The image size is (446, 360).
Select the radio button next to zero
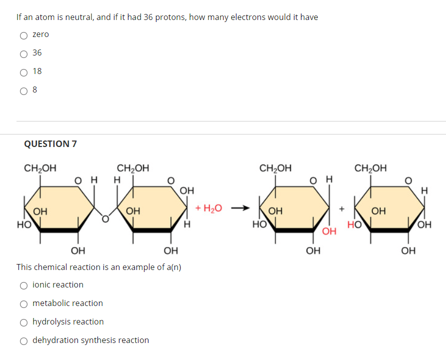coord(23,35)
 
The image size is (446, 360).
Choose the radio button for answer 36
coord(23,54)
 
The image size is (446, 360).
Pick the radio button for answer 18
coord(23,72)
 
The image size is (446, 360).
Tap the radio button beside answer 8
coord(23,91)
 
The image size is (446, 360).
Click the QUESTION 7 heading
coord(50,144)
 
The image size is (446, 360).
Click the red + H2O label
coord(208,208)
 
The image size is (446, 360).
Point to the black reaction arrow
coord(240,208)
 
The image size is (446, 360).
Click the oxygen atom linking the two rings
coord(105,219)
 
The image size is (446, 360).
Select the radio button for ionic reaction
coord(23,285)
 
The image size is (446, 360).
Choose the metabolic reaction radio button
coord(23,304)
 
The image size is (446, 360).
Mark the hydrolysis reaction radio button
coord(23,322)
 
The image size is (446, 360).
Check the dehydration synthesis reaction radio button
coord(23,341)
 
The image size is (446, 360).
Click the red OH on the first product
coord(329,231)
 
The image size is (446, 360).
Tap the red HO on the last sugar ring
coord(354,225)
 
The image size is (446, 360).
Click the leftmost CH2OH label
coord(40,168)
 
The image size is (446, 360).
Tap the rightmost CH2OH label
coord(370,168)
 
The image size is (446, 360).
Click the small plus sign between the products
coord(342,208)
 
